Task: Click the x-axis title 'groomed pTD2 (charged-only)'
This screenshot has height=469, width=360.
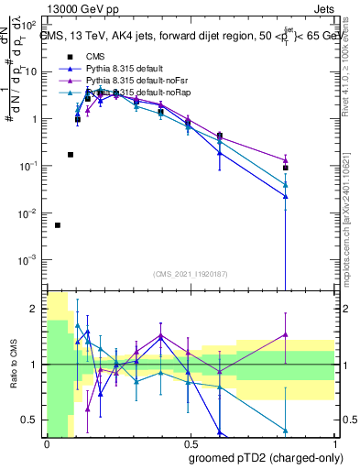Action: coord(265,457)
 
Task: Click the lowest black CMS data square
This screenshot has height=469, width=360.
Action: coord(58,225)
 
